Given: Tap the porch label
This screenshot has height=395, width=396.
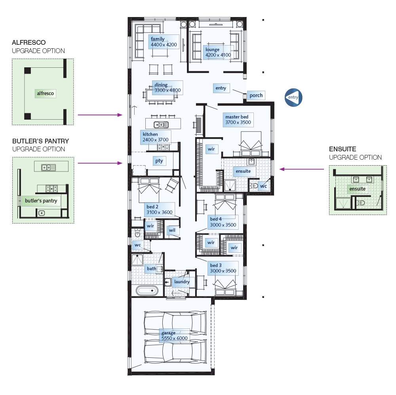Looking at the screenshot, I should (256, 95).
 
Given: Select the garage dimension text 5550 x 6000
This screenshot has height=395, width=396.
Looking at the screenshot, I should (175, 338).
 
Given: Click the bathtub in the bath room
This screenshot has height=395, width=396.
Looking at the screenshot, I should (147, 290).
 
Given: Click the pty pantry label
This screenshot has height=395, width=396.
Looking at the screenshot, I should (159, 161).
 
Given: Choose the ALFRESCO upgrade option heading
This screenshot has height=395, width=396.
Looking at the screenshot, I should (29, 42).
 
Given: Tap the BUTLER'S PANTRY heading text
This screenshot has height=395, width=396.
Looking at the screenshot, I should (40, 141).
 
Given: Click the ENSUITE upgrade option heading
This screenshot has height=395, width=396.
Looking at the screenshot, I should (343, 149).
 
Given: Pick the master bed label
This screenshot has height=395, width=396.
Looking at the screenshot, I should (237, 117).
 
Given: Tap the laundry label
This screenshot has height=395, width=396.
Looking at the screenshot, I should (182, 282).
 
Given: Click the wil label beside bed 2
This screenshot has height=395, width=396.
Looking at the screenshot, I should (172, 230).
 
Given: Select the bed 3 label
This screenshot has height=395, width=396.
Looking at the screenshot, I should (216, 265).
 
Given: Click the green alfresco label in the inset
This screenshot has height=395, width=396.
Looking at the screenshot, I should (45, 94).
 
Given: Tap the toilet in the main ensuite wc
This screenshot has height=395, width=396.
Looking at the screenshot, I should (255, 185).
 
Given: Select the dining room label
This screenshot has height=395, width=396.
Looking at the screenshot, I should (161, 85).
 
